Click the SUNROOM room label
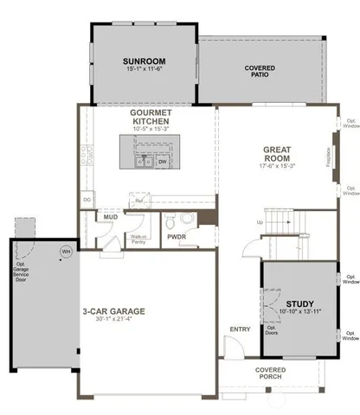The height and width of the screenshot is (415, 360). click(x=143, y=61)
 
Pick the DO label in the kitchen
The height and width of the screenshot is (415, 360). click(x=87, y=200)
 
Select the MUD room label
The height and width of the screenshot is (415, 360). click(x=112, y=218)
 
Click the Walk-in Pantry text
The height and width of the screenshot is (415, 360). click(x=137, y=239)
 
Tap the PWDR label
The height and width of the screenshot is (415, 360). click(x=177, y=235)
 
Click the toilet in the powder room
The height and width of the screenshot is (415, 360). click(x=170, y=219)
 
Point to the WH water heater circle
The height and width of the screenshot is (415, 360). click(x=65, y=252)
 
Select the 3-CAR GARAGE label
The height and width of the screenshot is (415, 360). click(x=113, y=310)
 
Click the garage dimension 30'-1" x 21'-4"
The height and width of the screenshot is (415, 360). click(x=113, y=320)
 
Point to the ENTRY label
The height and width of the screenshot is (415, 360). click(x=239, y=329)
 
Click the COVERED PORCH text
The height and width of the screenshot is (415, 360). click(x=271, y=374)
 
